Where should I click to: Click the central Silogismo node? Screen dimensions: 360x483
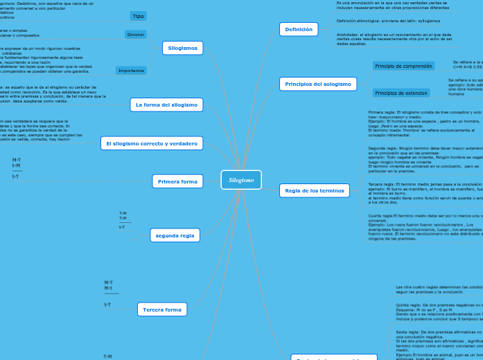coord(241,180)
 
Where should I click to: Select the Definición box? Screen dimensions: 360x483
coord(299,29)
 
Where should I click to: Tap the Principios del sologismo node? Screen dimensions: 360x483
coord(318,84)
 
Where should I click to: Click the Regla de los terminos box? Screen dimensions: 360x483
coord(314,190)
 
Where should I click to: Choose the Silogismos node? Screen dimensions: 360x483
coord(183,48)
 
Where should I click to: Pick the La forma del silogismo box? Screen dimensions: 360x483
coord(166,105)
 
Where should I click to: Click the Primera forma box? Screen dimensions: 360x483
coord(177,181)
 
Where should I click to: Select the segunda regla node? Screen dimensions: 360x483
coord(175,235)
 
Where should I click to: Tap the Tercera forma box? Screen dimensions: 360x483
coord(161,309)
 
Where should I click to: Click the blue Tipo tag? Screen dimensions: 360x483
coord(138,16)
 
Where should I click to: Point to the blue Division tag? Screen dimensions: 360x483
coord(136,35)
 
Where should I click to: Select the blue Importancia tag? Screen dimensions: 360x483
coord(131,71)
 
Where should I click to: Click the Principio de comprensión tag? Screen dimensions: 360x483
coord(404,66)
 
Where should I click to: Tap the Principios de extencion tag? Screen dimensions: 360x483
coord(401,93)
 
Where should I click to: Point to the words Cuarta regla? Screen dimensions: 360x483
coord(380,216)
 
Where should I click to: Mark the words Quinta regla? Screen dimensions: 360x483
coord(407,304)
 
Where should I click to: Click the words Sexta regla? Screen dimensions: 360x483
coord(406,332)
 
